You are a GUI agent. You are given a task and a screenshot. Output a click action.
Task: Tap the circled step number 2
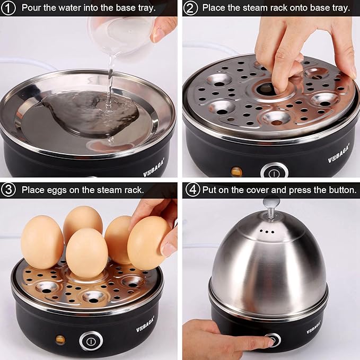(191, 7)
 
